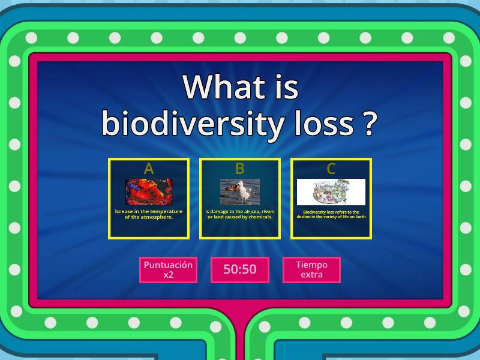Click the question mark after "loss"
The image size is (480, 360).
[370, 124]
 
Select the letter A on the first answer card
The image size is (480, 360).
[149, 169]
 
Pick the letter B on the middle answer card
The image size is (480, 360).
[240, 169]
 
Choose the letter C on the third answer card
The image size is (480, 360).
[331, 169]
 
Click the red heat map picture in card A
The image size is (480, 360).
[149, 191]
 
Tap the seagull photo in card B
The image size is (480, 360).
[240, 191]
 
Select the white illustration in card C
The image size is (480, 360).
[331, 192]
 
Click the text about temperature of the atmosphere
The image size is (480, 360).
[149, 214]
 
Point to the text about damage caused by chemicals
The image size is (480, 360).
[240, 214]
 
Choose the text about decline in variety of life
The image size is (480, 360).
[331, 214]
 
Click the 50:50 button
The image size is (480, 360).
[240, 269]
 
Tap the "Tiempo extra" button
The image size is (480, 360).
[311, 269]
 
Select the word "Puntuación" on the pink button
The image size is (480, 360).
[168, 265]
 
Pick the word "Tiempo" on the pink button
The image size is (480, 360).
[311, 265]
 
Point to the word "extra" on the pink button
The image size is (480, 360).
[311, 275]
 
